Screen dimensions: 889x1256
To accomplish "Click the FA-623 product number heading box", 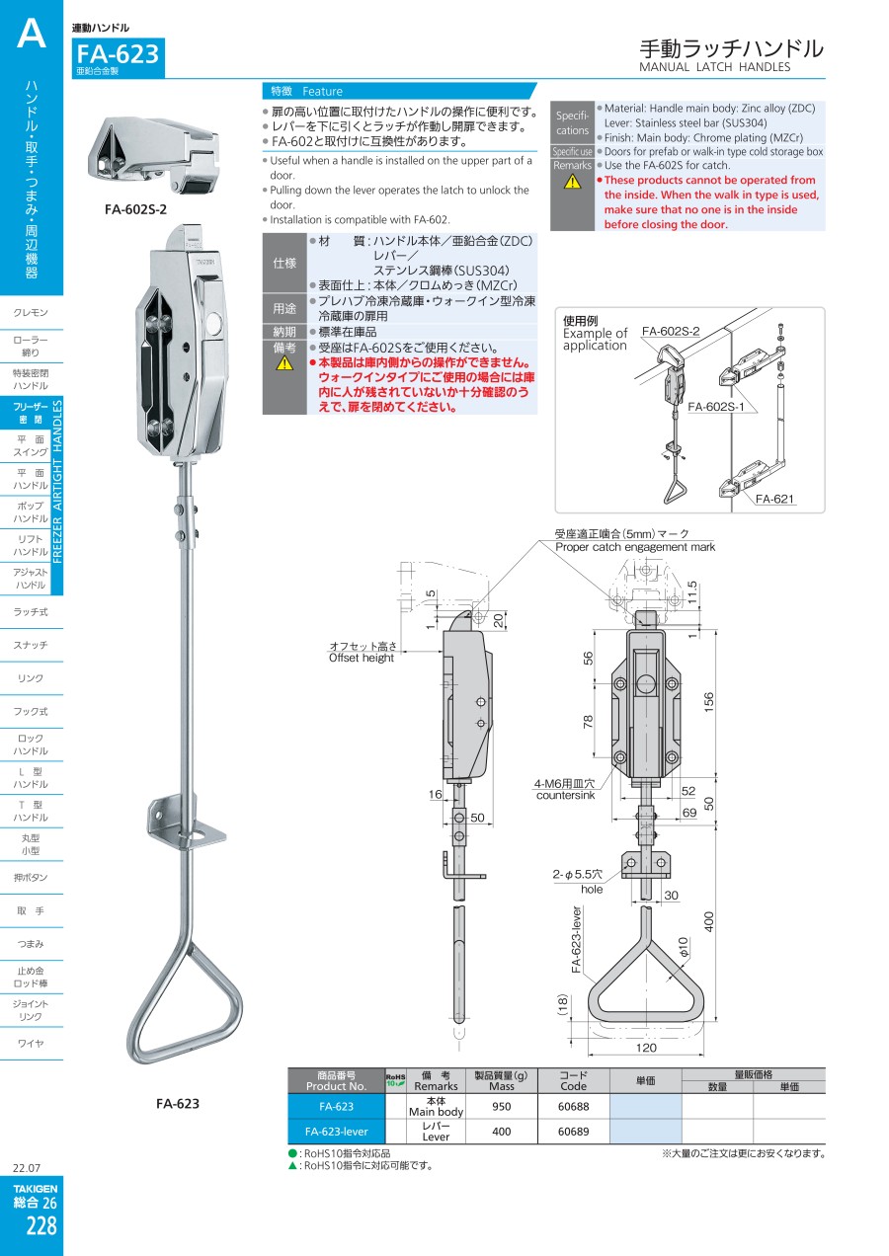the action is tap(118, 57).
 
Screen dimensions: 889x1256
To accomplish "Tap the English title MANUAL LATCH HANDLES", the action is tap(714, 67).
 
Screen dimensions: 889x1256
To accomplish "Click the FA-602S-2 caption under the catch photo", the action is tap(135, 209).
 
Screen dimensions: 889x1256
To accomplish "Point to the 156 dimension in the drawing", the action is tap(709, 701).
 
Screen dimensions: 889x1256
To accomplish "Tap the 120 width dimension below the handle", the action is tap(646, 1048).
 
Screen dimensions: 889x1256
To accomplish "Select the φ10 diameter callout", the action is tap(683, 947).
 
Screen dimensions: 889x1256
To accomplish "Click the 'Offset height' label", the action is tap(362, 658).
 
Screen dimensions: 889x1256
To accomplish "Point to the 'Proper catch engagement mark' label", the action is tap(635, 547).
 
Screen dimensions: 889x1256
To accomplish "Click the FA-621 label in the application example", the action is tap(774, 499).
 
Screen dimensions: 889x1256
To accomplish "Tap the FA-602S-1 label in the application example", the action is tap(716, 407).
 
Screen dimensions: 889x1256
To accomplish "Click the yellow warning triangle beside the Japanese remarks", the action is tap(284, 363).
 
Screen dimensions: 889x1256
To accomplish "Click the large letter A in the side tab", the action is tap(32, 34).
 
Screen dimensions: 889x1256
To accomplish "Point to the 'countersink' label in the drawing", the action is tap(565, 795).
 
